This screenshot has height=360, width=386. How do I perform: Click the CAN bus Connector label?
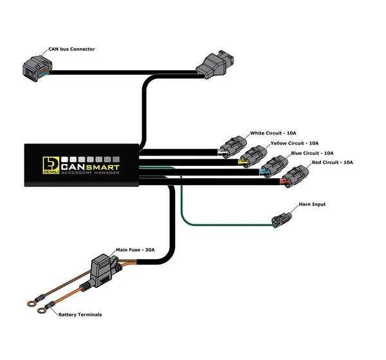pos(71,50)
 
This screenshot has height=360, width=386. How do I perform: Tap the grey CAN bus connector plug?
pos(37,68)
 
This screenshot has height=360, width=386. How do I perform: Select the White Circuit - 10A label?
pos(273,133)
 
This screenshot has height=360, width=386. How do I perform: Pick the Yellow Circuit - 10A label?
pos(295,143)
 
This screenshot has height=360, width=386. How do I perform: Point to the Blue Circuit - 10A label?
pos(312,153)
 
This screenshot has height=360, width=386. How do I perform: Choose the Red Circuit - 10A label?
pos(333,163)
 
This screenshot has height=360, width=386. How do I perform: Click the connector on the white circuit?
pos(233,147)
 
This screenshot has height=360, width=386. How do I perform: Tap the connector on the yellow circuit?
pos(253,157)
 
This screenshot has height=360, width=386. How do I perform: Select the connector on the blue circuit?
pos(274,166)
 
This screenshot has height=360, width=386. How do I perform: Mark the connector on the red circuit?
pos(295,176)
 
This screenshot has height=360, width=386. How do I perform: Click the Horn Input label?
pos(312,204)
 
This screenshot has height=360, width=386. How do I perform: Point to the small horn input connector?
pos(282,220)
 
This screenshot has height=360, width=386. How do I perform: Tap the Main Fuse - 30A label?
pos(135,250)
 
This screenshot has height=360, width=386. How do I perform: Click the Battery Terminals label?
pos(80,314)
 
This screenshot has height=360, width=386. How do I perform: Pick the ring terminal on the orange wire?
pos(42,310)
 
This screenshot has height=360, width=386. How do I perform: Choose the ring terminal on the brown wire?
pos(32,303)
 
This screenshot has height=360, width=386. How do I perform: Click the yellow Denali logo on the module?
pos(51,165)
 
